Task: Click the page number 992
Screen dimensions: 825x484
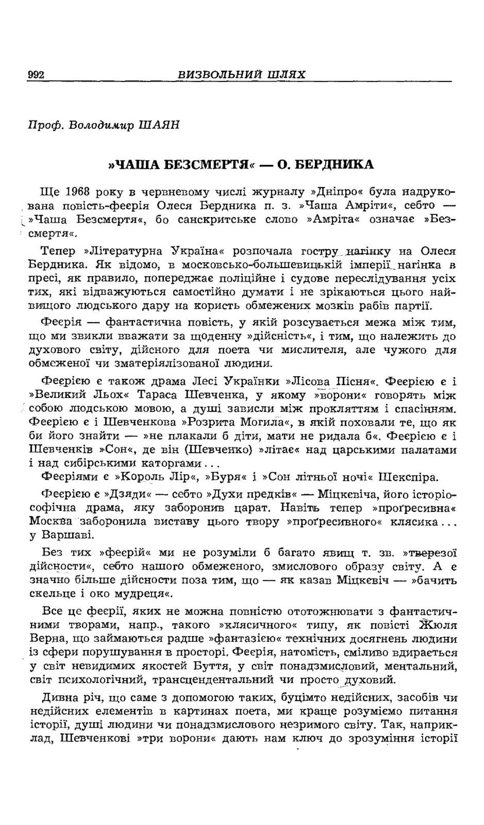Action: tap(36, 75)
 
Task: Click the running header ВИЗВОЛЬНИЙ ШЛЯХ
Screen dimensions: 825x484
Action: tap(242, 75)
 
